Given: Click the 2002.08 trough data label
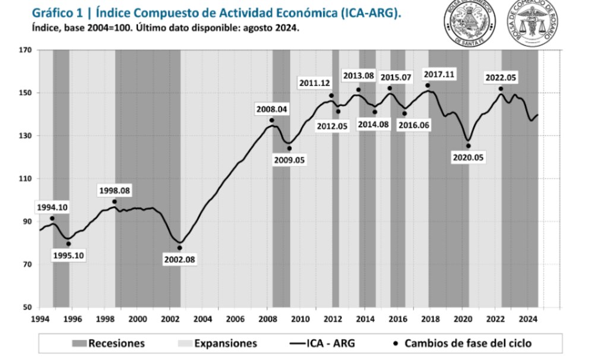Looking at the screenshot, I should tap(179, 259).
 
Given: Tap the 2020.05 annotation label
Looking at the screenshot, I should tap(468, 158).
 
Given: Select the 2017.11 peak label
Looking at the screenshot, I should tap(439, 74).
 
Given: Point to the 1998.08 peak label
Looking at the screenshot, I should tap(115, 191).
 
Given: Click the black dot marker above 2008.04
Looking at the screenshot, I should tap(271, 121).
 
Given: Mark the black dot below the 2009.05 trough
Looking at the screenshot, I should tap(289, 149).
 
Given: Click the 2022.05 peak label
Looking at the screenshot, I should tap(501, 78).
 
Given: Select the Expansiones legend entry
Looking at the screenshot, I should tap(217, 343).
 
